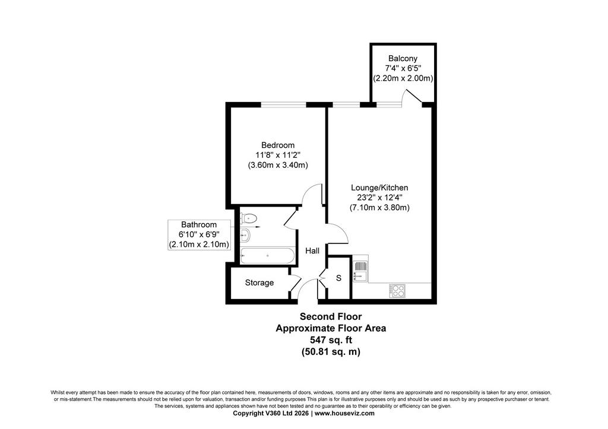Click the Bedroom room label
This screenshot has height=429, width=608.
278,145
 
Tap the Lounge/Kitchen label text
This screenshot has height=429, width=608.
379,188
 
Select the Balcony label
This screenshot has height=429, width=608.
403,59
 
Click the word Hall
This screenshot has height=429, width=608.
312,251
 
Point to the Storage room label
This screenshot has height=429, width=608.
259,283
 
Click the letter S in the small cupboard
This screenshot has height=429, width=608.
338,278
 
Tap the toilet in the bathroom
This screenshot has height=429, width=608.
248,218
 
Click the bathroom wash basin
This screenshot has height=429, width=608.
245,234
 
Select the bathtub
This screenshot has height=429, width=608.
267,256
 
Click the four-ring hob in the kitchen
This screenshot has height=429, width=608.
397,291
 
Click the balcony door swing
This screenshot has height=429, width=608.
413,97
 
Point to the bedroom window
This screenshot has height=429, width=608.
283,104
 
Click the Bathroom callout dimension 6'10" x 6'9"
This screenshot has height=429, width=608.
199,234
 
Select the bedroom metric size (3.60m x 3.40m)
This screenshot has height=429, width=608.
278,165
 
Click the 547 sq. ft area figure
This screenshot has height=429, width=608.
331,340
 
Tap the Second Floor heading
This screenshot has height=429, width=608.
331,317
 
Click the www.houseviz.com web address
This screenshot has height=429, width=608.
344,413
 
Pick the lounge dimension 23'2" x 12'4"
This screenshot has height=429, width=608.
379,198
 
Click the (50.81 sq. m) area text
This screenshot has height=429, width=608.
331,352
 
